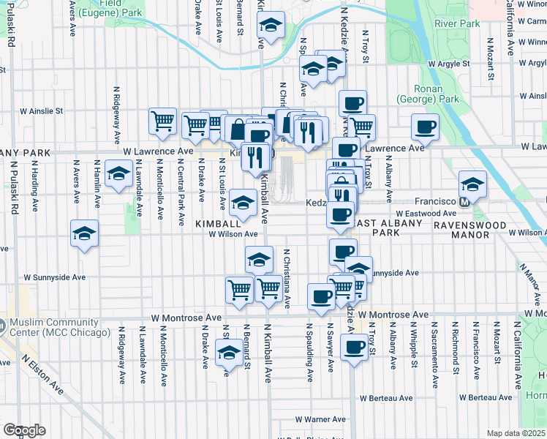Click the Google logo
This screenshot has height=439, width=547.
24,430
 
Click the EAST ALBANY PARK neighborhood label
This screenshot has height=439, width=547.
390,226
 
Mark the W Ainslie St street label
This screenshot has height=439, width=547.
42,111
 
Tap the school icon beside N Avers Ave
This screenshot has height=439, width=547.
84,233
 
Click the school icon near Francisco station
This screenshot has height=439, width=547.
472,184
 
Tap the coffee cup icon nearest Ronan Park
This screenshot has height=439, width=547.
425,127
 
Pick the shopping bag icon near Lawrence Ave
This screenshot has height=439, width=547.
238,130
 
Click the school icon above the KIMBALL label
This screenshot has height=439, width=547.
243,201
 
